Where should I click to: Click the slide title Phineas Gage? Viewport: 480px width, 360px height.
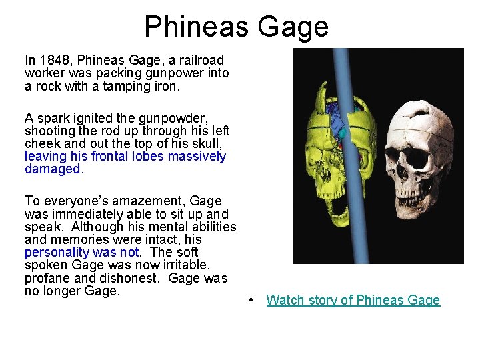(x=236, y=27)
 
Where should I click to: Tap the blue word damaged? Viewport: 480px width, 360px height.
(x=53, y=169)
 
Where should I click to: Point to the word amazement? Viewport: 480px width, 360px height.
(x=152, y=201)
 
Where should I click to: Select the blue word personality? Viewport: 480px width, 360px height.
(x=57, y=252)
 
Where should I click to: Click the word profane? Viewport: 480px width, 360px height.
(x=47, y=278)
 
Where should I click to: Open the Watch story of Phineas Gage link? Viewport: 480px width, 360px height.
(x=353, y=300)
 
